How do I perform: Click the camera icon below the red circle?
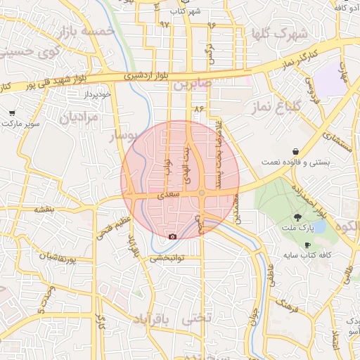click(173, 236)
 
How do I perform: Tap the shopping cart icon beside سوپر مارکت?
click(12, 112)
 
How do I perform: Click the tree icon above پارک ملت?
click(298, 217)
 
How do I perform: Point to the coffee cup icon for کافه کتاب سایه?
click(307, 244)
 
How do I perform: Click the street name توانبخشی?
click(167, 258)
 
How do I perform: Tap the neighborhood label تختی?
click(196, 319)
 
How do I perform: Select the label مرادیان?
click(79, 117)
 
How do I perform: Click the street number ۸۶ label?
click(198, 109)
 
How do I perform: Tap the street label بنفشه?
click(44, 210)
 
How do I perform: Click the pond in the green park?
click(319, 226)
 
